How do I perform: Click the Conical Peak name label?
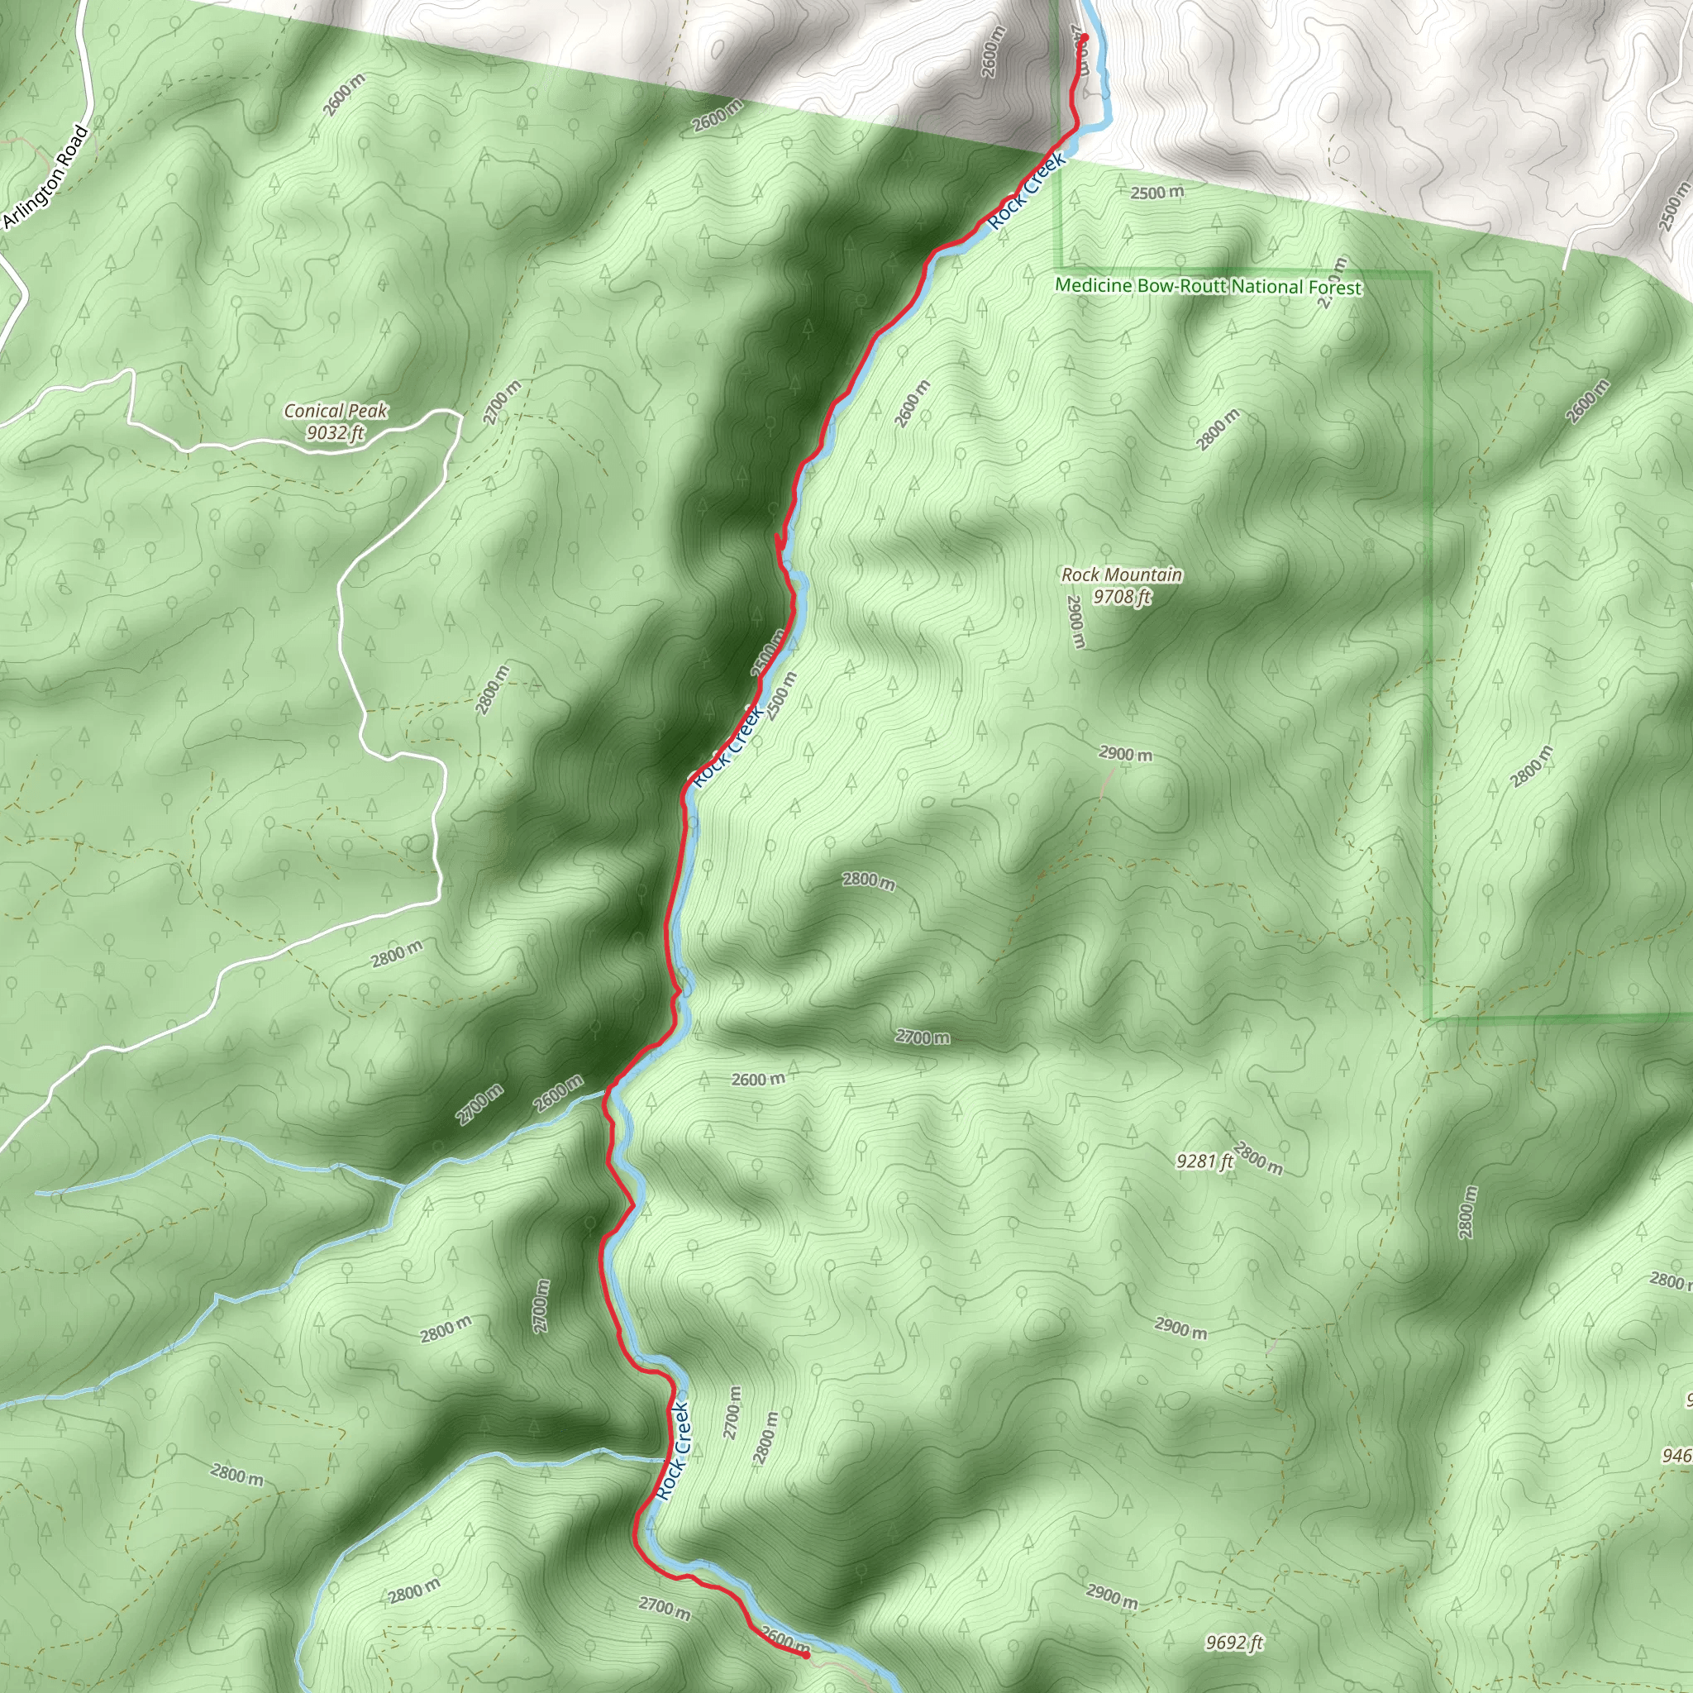[335, 410]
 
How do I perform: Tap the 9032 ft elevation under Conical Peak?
[335, 432]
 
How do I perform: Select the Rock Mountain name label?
[1122, 575]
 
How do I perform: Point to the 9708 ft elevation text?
[1122, 597]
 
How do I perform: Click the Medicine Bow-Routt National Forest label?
[1209, 287]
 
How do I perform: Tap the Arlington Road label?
[45, 178]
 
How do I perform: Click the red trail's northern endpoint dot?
[1084, 37]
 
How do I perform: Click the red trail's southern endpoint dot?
[805, 1654]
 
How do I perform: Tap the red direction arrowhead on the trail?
[780, 546]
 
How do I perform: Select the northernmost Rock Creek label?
[1028, 191]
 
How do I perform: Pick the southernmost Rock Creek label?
[673, 1451]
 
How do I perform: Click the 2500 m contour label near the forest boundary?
[1156, 192]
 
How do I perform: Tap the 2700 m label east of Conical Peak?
[502, 403]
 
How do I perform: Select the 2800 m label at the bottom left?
[236, 1474]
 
